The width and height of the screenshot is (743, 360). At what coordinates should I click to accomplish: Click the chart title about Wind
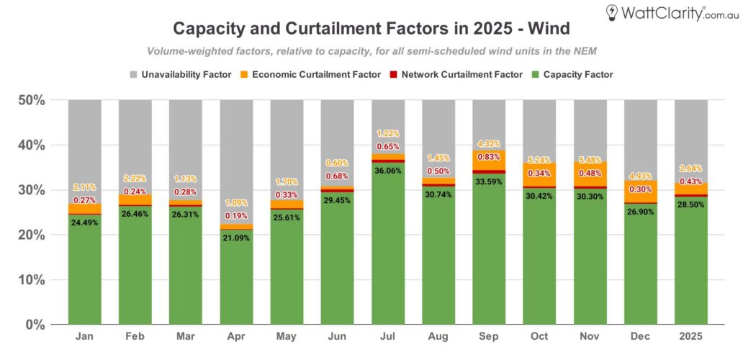371,29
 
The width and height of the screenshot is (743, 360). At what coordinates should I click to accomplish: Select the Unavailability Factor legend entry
181,74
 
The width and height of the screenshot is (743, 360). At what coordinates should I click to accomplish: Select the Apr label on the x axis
236,336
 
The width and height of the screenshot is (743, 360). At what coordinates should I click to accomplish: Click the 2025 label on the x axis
690,336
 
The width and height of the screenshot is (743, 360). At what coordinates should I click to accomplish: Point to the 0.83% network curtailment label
489,157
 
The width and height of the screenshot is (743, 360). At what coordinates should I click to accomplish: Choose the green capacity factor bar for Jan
85,274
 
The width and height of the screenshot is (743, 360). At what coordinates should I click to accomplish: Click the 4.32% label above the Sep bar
489,144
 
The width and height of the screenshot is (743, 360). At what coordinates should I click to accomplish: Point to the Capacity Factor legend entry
572,74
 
